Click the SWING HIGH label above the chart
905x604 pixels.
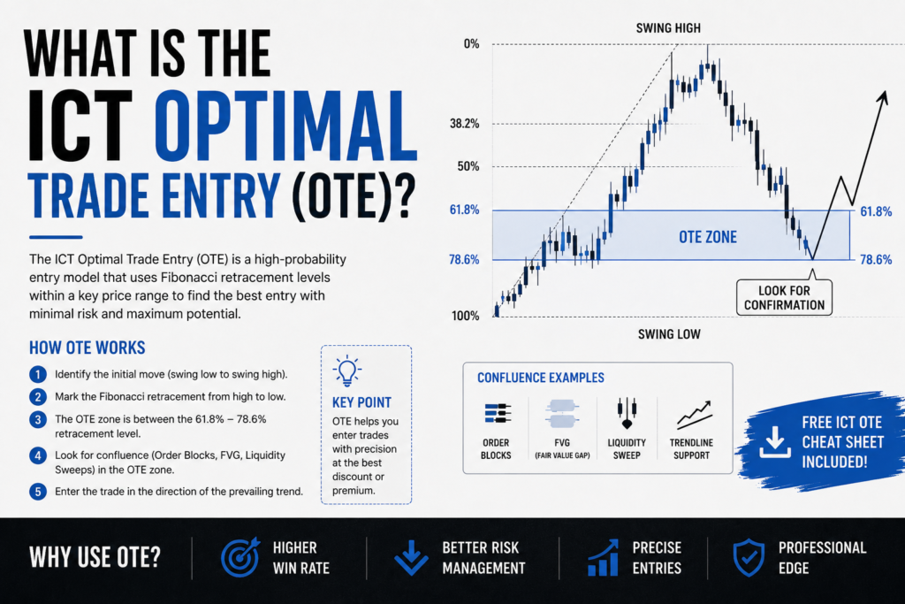coord(668,27)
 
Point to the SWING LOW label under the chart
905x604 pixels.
coord(669,333)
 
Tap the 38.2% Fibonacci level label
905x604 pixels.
coord(465,124)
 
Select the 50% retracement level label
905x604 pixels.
coord(468,166)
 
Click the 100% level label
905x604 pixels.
coord(465,316)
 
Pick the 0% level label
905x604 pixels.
coord(472,44)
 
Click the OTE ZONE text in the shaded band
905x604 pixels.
coord(708,237)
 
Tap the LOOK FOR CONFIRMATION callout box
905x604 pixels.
coord(784,297)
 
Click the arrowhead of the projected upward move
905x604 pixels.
coord(883,97)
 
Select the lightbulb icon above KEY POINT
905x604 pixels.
coord(346,371)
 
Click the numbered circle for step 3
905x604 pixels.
coord(38,419)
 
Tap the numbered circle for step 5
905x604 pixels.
coord(38,492)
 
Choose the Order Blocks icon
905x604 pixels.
coord(497,414)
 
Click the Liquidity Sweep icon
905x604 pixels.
coord(627,412)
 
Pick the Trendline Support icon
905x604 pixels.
coord(695,415)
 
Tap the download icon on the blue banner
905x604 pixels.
coord(774,442)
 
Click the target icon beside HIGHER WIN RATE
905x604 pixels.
coord(240,557)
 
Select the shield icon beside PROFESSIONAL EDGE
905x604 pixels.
coord(749,558)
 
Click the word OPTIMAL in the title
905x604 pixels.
coord(285,126)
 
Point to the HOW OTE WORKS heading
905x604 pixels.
coord(87,348)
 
